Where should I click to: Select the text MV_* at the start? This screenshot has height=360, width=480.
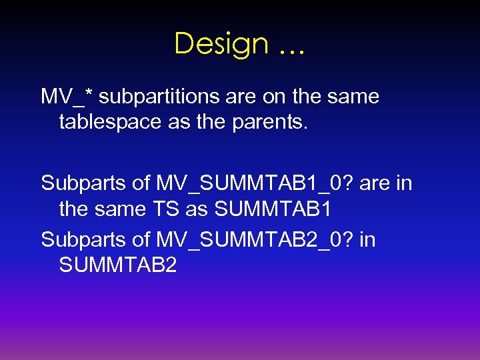pos(67,97)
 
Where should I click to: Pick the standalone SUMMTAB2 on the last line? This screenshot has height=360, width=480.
pos(118,265)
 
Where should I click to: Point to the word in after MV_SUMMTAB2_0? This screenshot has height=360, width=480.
pos(367,239)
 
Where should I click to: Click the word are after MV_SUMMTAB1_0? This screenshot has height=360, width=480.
pos(377,183)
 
